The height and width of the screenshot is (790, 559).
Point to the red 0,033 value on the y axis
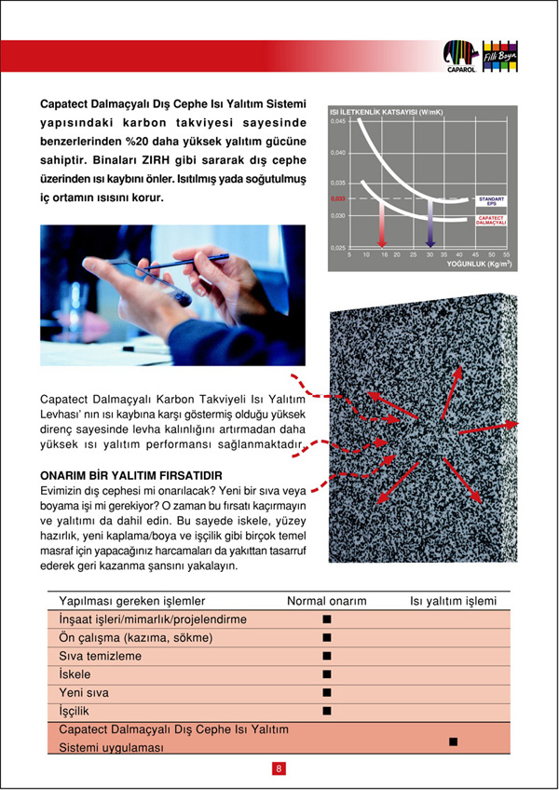(338, 198)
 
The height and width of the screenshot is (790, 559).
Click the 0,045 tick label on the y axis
(339, 122)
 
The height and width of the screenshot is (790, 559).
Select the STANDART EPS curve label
(491, 200)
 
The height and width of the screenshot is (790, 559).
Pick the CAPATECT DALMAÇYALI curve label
(491, 222)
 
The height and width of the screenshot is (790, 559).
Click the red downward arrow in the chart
(381, 224)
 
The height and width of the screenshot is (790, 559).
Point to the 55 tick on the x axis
(506, 253)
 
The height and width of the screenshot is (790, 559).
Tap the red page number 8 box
(279, 769)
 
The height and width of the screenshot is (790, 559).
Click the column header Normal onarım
(326, 601)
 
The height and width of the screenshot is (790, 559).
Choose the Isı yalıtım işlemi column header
(454, 601)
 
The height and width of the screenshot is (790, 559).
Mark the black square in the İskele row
(327, 674)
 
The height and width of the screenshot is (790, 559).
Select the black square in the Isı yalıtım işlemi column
(453, 741)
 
